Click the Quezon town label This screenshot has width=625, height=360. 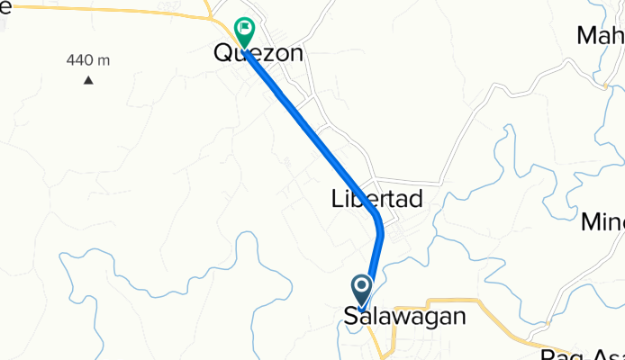258,53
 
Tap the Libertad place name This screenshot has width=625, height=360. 376,199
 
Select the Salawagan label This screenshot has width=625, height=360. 404,317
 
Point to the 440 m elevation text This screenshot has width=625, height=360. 87,60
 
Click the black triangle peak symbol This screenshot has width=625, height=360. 88,81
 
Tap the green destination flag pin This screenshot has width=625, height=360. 244,31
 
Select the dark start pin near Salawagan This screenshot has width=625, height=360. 362,291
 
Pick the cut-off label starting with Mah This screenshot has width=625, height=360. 601,36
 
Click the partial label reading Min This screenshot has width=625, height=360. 602,221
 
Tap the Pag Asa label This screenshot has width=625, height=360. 585,353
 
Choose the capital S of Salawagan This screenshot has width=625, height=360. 350,317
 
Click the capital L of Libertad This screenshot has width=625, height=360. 336,199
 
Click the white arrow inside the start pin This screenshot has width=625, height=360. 362,288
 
